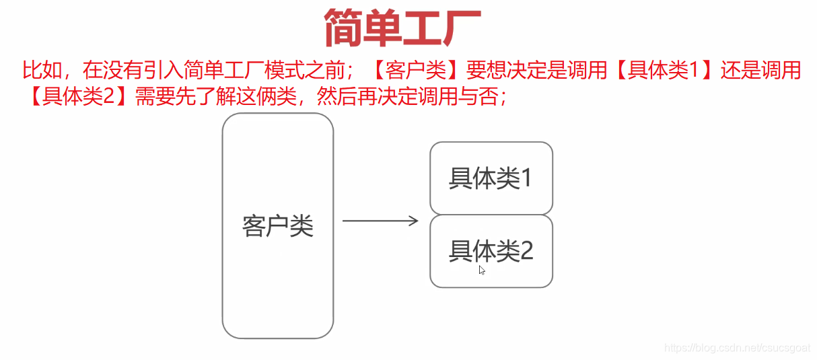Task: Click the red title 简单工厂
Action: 402,28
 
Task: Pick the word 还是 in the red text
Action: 738,70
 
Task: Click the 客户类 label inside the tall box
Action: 277,226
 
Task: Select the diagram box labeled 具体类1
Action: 491,178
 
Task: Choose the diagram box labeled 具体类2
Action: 491,251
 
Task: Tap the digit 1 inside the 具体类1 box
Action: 526,178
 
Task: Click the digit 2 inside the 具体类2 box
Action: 526,252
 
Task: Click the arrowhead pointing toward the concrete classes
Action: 415,221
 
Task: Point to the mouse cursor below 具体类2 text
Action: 482,270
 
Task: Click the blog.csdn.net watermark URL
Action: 736,347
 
